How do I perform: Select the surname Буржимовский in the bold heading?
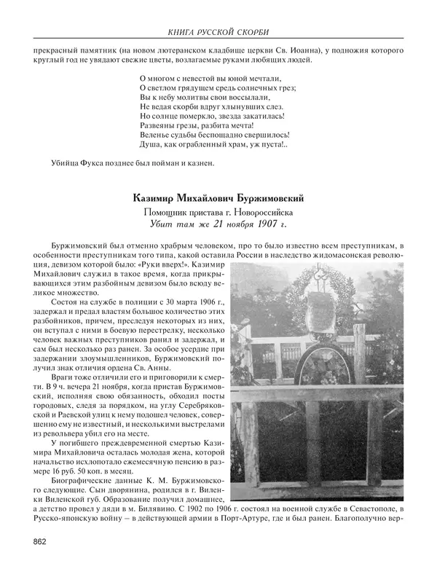[261, 197]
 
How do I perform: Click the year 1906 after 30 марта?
[184, 301]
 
